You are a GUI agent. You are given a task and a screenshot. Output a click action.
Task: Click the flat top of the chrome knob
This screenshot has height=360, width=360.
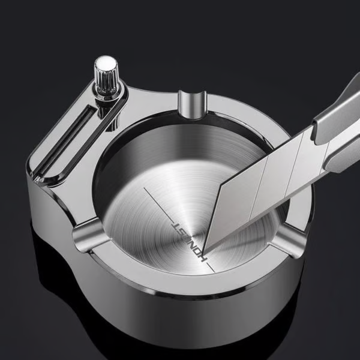[107, 62]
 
